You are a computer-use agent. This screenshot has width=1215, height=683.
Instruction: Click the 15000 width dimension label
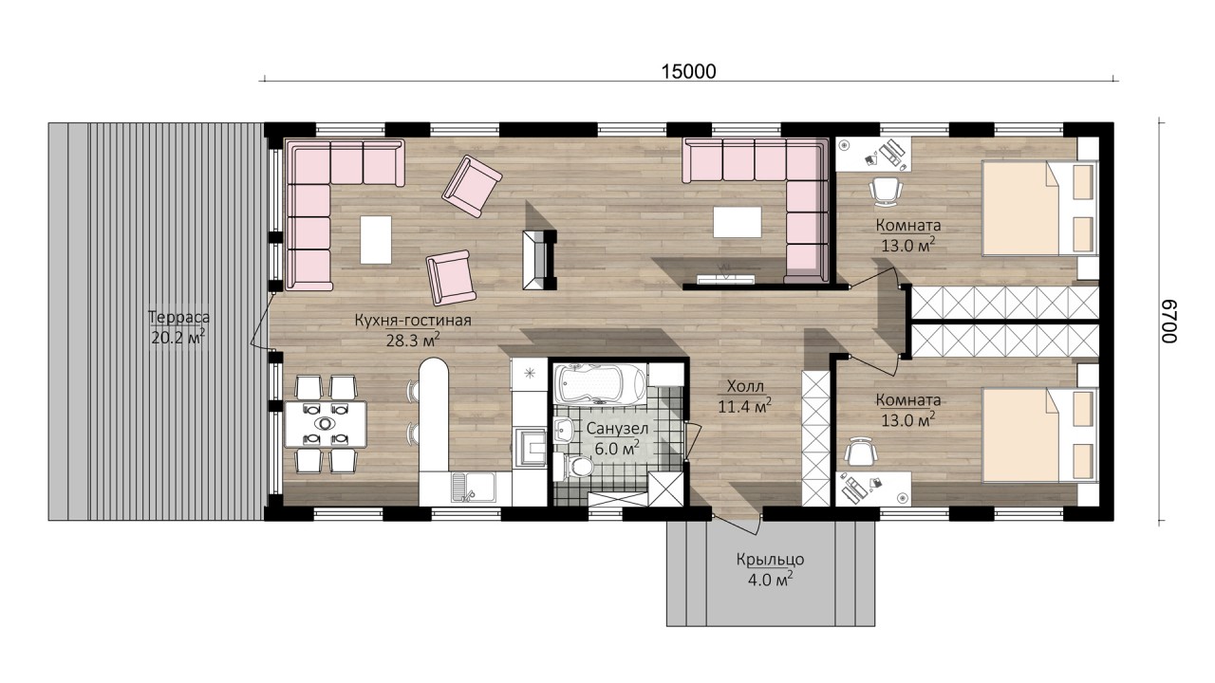coord(689,71)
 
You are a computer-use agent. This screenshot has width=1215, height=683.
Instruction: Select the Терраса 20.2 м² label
coord(178,327)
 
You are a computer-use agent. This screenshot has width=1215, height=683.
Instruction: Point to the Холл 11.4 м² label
coord(745,397)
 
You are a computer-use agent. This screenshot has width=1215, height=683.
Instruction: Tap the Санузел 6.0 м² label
coord(617,438)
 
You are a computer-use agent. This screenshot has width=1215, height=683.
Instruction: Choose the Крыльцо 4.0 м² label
coord(770,570)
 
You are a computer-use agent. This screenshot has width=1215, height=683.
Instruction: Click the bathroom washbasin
coord(565,431)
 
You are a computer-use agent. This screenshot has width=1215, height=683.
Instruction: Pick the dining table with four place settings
coord(325,424)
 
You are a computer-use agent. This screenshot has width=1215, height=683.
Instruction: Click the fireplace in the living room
coord(539,260)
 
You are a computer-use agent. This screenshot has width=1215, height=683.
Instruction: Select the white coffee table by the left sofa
coord(376,240)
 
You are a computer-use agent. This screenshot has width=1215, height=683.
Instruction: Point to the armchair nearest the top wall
coord(472,186)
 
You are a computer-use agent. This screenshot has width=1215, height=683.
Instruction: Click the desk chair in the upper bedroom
coord(887,192)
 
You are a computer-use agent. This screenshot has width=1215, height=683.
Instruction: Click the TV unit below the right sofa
coord(725,279)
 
